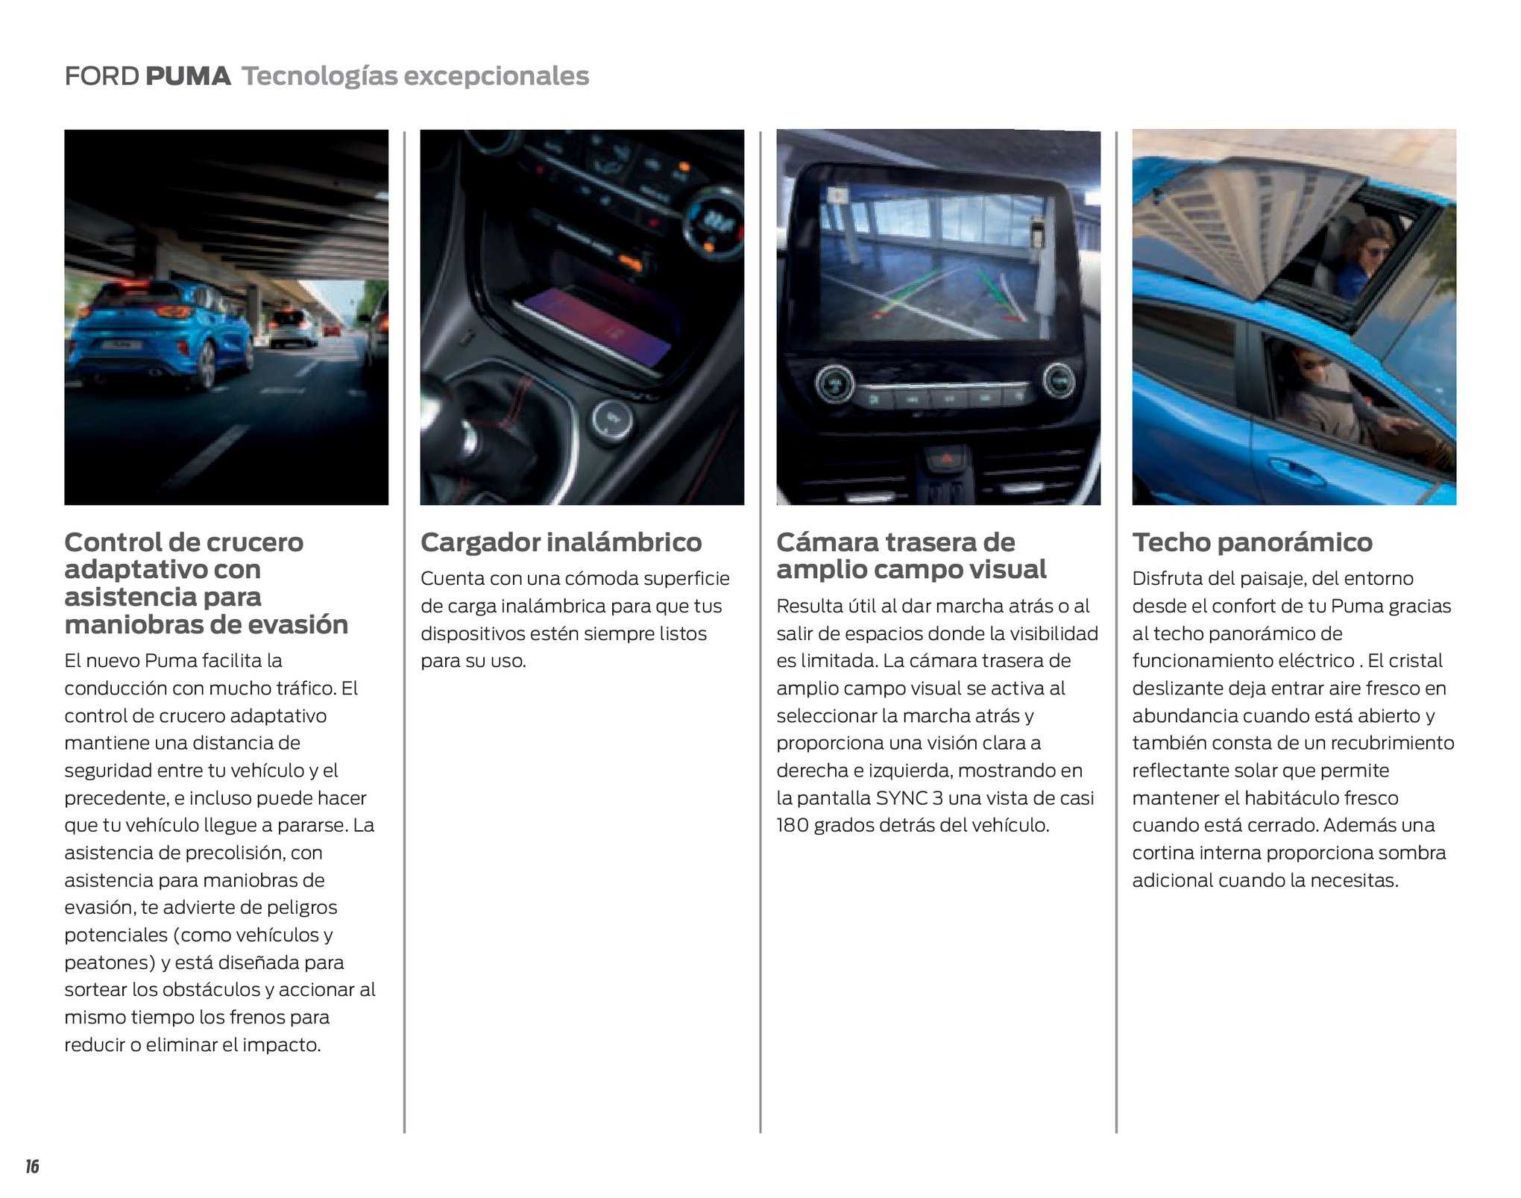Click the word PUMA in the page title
188,76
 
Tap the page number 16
32,1167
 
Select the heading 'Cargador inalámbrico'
561,542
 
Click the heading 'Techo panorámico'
1252,542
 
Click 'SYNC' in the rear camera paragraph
901,798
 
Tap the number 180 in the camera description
792,826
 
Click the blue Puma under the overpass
160,332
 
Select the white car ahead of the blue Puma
291,328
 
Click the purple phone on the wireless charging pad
596,328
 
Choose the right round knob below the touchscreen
1058,381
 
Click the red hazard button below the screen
945,458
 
